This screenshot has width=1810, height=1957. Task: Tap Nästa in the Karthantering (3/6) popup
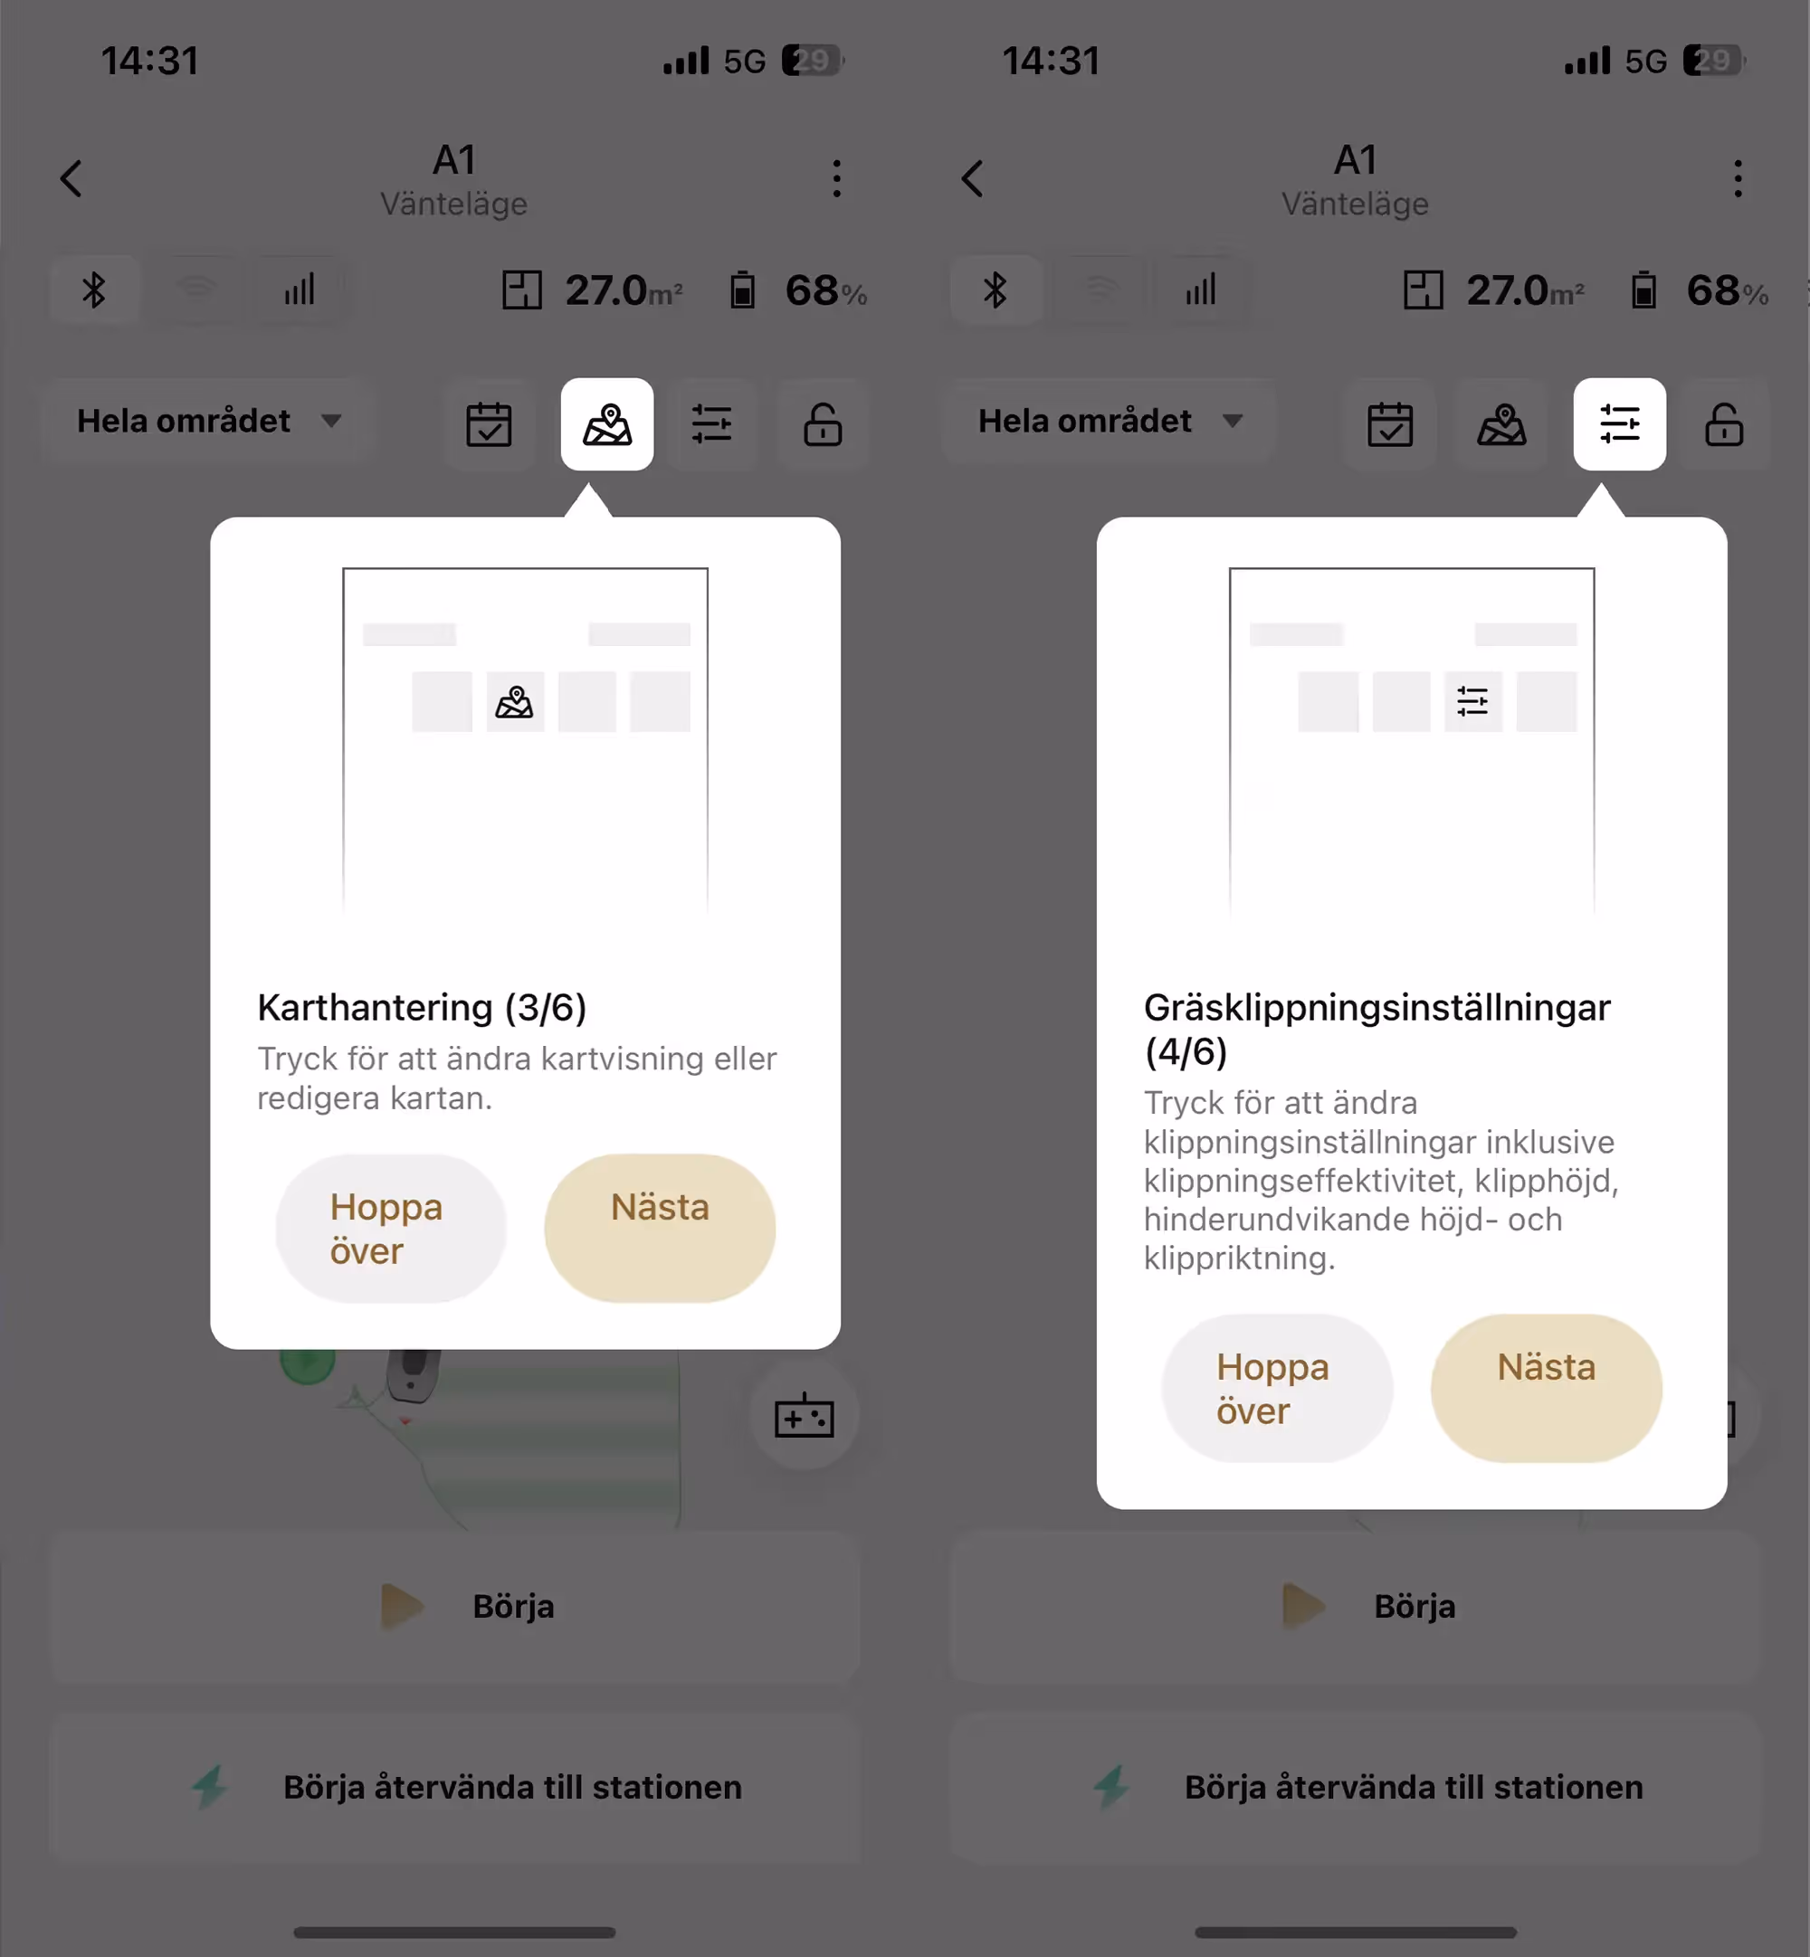tap(659, 1228)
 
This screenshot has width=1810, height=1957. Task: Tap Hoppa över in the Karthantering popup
tap(391, 1228)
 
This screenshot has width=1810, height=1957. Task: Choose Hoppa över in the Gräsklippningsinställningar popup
tap(1276, 1388)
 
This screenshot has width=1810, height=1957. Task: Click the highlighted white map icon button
tap(607, 424)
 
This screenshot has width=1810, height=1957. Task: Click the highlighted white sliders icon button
tap(1619, 424)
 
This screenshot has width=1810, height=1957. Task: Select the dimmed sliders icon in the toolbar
tap(711, 424)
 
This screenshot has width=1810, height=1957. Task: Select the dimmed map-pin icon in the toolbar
tap(1501, 424)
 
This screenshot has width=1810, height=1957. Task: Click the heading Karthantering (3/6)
tap(422, 1006)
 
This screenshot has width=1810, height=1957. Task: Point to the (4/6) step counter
tap(1186, 1051)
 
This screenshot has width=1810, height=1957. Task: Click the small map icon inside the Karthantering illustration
tap(514, 702)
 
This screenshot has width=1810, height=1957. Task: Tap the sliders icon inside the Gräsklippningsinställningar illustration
tap(1472, 701)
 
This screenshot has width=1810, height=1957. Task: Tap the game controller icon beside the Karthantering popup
tap(805, 1416)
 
